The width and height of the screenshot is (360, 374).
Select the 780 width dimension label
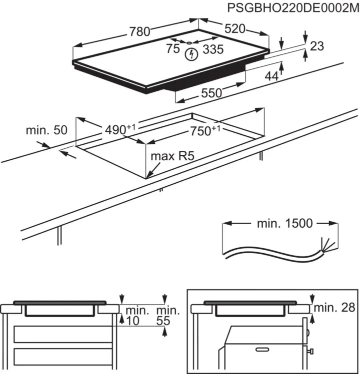coord(140,32)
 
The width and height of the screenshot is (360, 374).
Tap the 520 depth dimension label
coord(235,29)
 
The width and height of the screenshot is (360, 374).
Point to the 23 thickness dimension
coord(317,46)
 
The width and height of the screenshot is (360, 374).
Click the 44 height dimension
coord(271,76)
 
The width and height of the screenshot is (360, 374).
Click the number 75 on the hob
coord(173,49)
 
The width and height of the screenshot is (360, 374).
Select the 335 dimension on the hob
coord(213,49)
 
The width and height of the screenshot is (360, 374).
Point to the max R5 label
coord(172,156)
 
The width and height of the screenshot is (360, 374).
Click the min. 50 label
coord(46,130)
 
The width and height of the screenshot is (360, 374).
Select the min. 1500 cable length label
coord(284,223)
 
